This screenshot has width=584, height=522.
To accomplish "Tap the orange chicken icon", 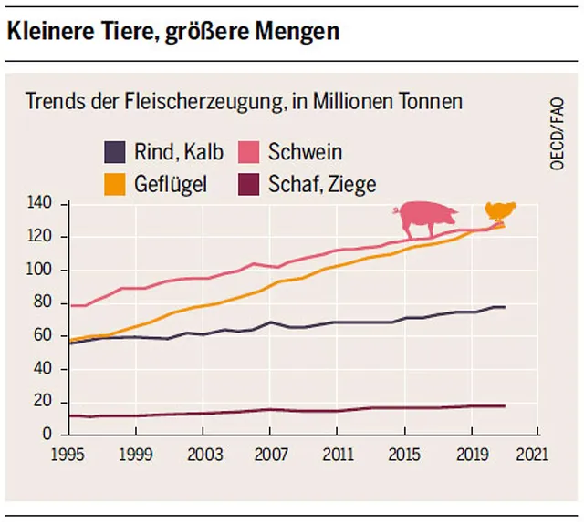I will [499, 211].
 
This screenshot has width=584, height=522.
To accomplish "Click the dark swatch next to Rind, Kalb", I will [114, 151].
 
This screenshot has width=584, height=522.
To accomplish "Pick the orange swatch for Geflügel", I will [114, 183].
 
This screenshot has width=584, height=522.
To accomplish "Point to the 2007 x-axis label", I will [270, 453].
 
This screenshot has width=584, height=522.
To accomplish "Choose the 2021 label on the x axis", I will [540, 453].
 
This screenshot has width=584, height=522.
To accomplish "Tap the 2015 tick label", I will [405, 453].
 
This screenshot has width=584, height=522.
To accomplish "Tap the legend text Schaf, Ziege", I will [322, 183].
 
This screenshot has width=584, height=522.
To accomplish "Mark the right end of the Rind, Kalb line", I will [505, 307].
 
